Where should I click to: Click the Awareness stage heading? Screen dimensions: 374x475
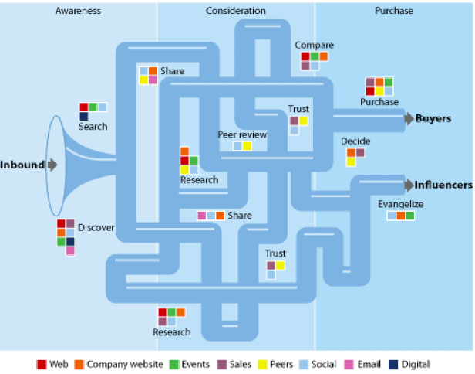pyautogui.click(x=79, y=11)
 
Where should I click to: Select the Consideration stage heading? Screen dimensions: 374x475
pyautogui.click(x=236, y=11)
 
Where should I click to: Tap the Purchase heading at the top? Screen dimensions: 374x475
pyautogui.click(x=394, y=11)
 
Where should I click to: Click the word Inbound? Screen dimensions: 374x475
pyautogui.click(x=22, y=165)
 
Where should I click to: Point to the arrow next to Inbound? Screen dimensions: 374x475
pyautogui.click(x=52, y=165)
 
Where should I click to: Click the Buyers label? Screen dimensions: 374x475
pyautogui.click(x=433, y=118)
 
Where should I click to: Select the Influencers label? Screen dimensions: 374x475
pyautogui.click(x=443, y=185)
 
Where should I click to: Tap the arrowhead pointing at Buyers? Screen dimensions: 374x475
pyautogui.click(x=409, y=118)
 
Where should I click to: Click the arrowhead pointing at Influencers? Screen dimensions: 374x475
pyautogui.click(x=409, y=185)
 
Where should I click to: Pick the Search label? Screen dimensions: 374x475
pyautogui.click(x=93, y=126)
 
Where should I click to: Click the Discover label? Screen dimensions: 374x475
pyautogui.click(x=96, y=227)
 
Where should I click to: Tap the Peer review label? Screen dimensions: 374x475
pyautogui.click(x=242, y=134)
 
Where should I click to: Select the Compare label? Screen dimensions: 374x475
pyautogui.click(x=314, y=46)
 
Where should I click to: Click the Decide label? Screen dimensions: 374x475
pyautogui.click(x=355, y=141)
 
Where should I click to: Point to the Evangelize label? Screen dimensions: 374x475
pyautogui.click(x=401, y=204)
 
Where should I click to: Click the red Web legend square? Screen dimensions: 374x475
pyautogui.click(x=42, y=364)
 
